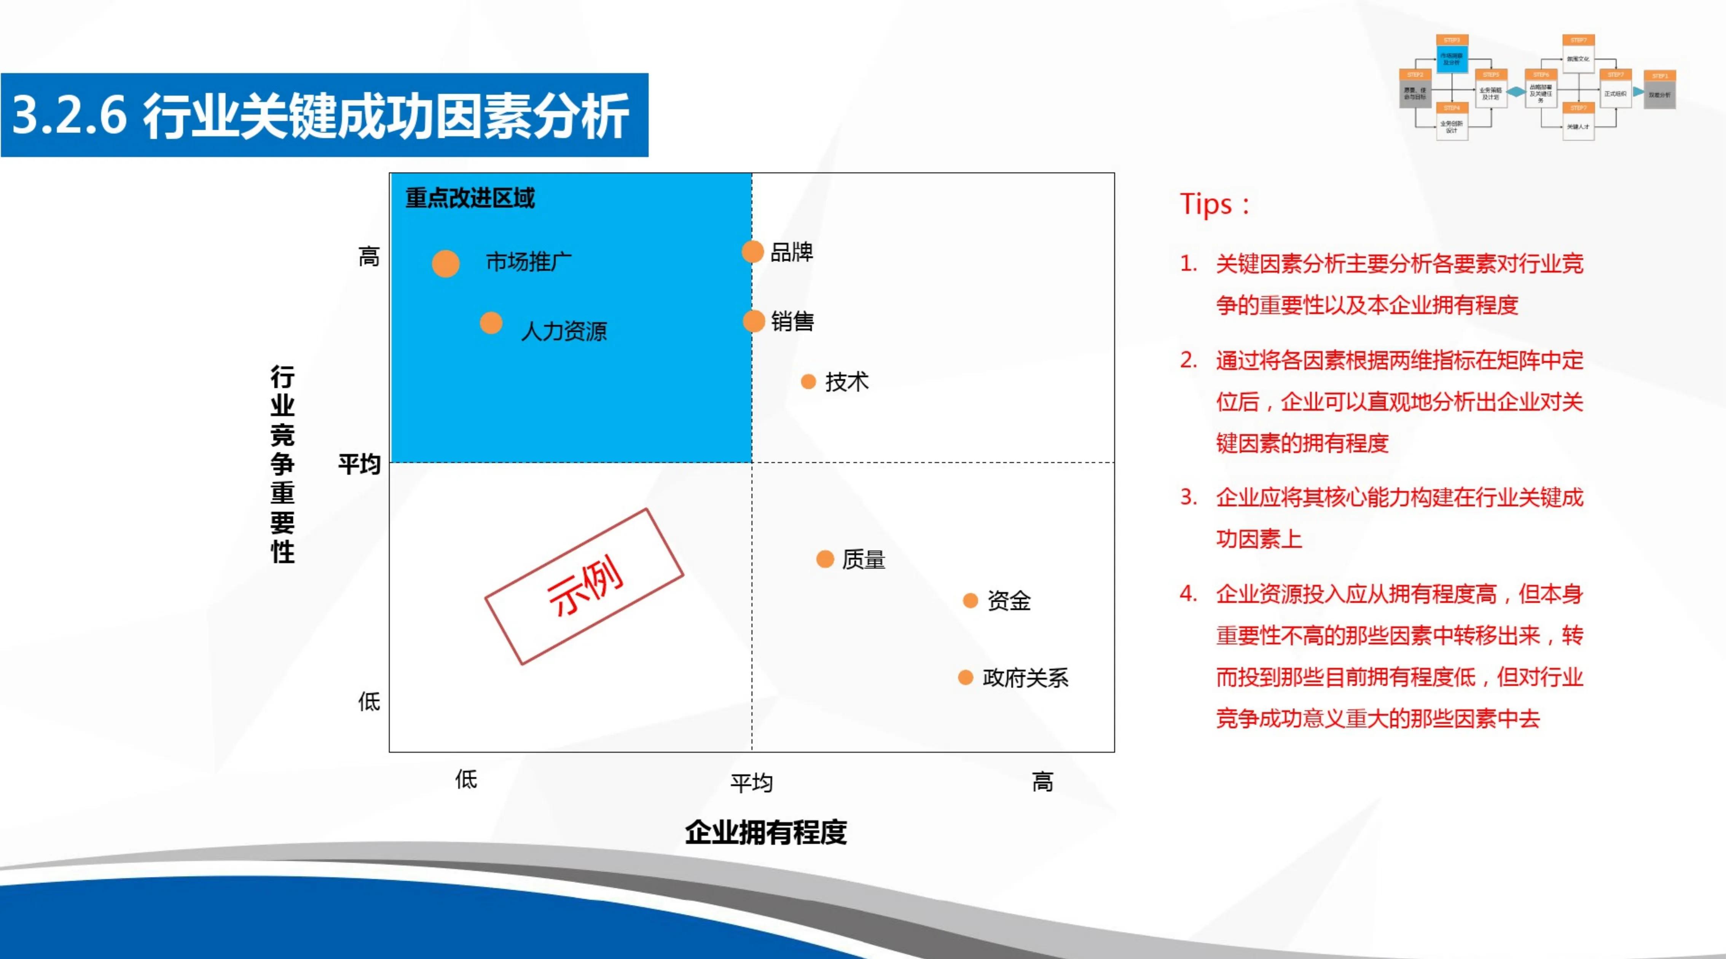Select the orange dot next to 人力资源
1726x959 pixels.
pyautogui.click(x=491, y=323)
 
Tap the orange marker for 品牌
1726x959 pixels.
pyautogui.click(x=752, y=252)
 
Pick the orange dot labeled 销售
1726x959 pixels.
pyautogui.click(x=754, y=321)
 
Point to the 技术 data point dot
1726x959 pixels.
pyautogui.click(x=809, y=382)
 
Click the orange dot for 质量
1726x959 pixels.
pyautogui.click(x=825, y=559)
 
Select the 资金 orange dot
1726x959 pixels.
pyautogui.click(x=970, y=600)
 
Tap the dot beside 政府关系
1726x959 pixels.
pyautogui.click(x=966, y=678)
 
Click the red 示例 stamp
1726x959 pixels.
pyautogui.click(x=584, y=586)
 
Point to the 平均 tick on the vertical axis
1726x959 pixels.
pyautogui.click(x=359, y=464)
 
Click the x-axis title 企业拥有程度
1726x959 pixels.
pyautogui.click(x=766, y=832)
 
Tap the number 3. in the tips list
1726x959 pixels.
pyautogui.click(x=1189, y=497)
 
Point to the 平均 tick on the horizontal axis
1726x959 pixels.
pyautogui.click(x=752, y=782)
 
